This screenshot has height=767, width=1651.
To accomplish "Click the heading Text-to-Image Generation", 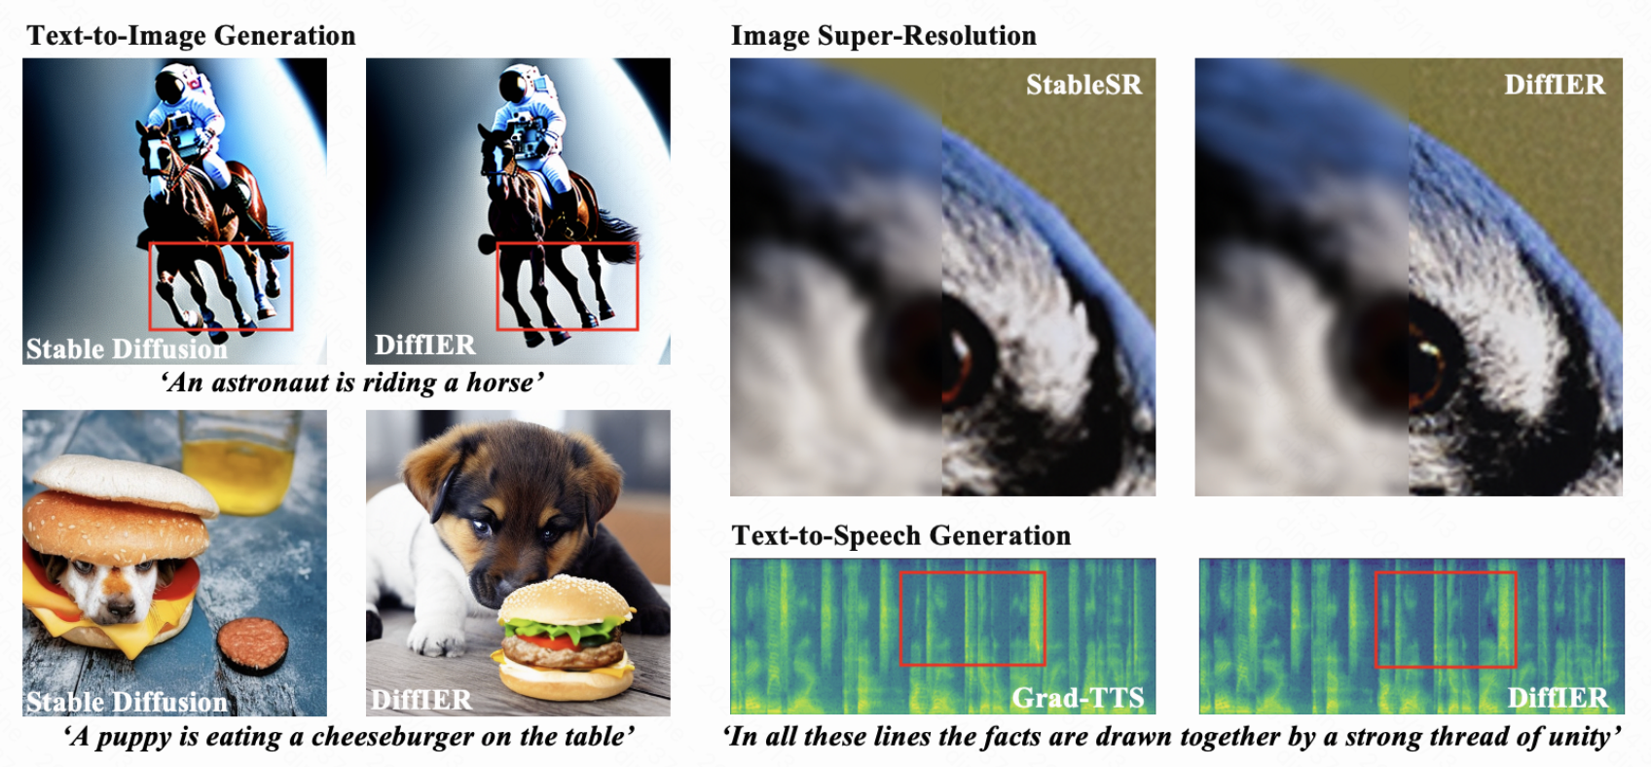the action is pos(191,35).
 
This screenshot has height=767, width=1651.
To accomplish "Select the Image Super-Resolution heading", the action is pos(884,35).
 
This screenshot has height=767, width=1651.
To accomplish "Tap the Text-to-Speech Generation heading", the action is pos(900,535).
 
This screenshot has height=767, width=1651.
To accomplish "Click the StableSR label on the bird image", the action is pos(1084,85).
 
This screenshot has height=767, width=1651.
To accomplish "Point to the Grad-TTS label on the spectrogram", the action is pos(1078,698).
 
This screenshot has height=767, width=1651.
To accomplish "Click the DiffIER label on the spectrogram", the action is pos(1558,698).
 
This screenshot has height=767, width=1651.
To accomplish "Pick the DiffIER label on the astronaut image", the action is pos(425,345).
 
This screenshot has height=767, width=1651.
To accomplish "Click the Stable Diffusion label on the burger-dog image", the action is pos(127,702).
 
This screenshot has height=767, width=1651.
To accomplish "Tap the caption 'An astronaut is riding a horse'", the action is pos(352,383).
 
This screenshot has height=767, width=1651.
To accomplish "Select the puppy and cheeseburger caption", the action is pos(348,737).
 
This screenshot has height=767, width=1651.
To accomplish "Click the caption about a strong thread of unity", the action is pos(1172,737).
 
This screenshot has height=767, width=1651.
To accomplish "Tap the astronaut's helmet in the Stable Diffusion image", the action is pos(174,85).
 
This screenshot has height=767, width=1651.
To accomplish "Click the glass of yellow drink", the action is pos(238,460).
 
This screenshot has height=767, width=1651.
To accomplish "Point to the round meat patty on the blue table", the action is pos(253,644).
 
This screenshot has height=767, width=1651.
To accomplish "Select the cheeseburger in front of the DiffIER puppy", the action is pos(566,638).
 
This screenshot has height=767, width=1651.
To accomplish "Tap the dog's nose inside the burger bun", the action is pos(118,608).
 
